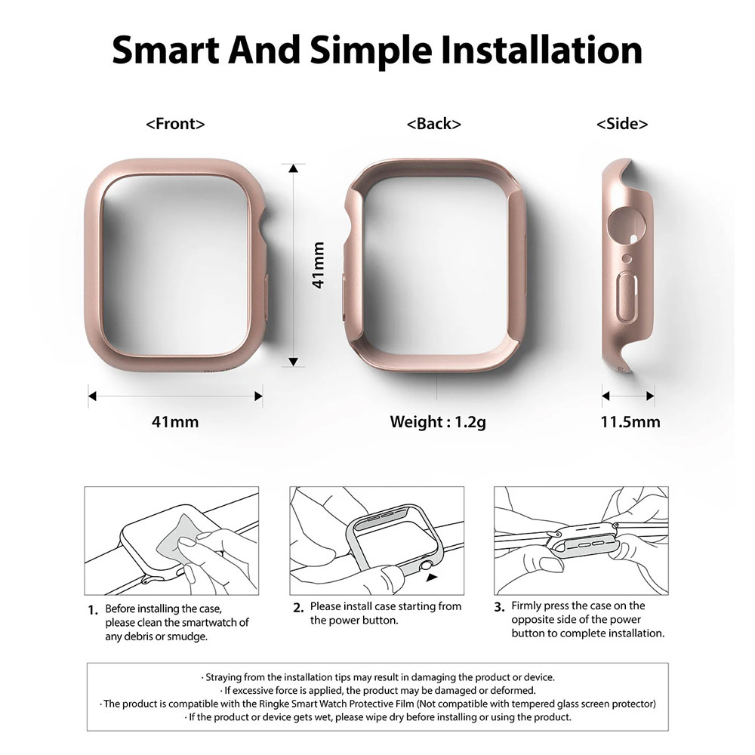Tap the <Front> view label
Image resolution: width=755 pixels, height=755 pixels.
click(175, 124)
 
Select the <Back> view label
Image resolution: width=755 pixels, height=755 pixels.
click(434, 124)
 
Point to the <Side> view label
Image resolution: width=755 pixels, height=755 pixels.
click(622, 124)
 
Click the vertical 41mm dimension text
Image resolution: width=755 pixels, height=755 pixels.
click(319, 265)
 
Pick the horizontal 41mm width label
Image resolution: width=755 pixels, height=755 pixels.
click(175, 422)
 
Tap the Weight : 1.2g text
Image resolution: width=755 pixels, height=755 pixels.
click(438, 422)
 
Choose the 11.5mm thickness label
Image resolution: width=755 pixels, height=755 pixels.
click(630, 422)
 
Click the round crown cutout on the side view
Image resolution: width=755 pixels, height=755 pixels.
click(627, 225)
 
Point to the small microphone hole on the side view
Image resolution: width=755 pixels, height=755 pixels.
click(627, 258)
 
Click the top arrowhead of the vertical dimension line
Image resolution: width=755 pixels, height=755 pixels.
click(293, 168)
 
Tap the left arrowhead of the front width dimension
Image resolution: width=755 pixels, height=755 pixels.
click(92, 396)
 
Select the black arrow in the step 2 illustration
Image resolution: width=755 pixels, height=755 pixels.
click(432, 577)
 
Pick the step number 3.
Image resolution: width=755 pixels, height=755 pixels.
click(499, 607)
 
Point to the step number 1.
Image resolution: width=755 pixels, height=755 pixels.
click(93, 610)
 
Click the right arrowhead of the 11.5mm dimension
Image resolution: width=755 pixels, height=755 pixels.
click(649, 396)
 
